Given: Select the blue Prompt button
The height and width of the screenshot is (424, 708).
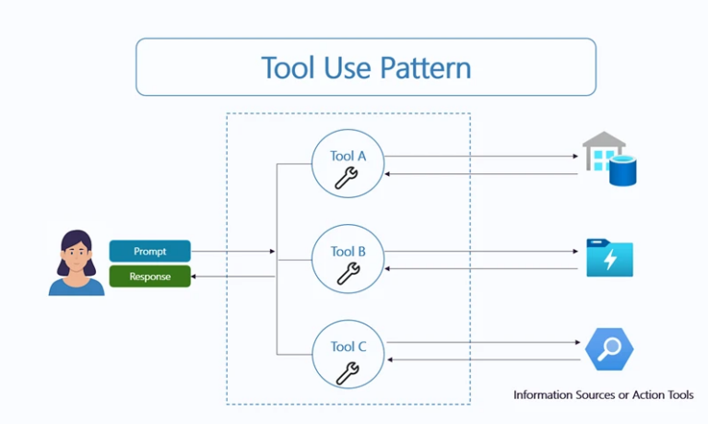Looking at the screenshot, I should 149,251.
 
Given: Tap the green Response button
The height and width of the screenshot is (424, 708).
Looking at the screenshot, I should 149,276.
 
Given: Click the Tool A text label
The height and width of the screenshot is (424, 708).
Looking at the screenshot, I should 348,156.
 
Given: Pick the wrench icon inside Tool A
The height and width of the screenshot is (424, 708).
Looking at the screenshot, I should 348,177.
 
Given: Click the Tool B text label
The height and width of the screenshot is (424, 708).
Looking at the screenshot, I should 348,252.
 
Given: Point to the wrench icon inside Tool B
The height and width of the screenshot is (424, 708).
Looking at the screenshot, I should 348,273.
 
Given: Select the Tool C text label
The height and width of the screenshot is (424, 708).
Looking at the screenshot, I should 348,347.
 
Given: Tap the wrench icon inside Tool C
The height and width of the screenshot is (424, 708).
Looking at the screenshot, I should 348,371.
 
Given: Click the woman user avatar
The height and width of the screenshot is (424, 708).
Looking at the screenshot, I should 77,263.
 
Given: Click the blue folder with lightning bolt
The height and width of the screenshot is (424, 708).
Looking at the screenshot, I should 609,258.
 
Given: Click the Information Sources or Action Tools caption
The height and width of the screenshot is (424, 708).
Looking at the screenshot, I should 604,395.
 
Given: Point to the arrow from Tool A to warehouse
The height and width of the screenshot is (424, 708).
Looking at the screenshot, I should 479,156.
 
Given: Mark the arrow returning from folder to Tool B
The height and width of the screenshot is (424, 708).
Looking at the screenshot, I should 479,268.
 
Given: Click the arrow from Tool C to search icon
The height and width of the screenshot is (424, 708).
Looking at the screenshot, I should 479,343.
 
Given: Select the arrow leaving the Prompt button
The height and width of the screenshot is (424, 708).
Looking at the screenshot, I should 232,251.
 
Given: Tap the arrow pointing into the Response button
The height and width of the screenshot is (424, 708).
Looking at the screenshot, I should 232,276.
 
